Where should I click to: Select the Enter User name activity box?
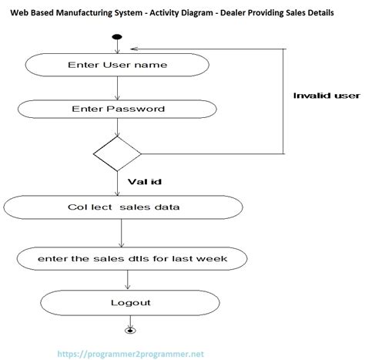117,65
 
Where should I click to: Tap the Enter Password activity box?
117,109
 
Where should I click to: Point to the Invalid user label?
326,96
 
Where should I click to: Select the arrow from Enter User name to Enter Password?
117,86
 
